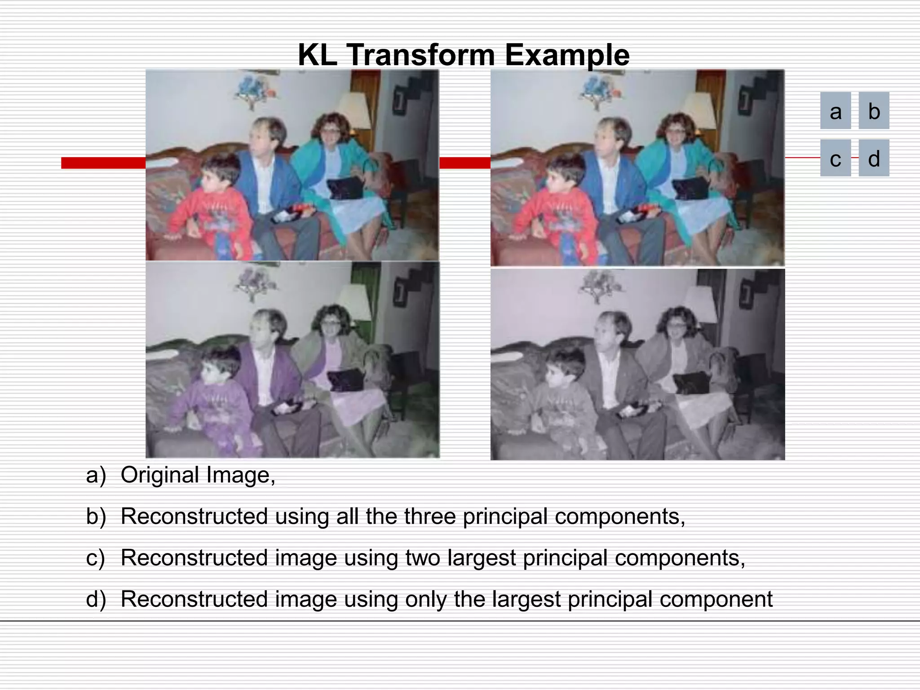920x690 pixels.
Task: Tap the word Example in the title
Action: click(x=567, y=56)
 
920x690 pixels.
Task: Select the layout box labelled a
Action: click(x=836, y=111)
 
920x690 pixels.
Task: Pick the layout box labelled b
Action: click(x=874, y=111)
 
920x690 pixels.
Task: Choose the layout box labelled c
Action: click(x=836, y=158)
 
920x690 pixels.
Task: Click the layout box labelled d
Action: click(x=874, y=158)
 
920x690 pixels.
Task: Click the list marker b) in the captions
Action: click(x=96, y=517)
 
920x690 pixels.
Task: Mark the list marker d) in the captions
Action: click(x=96, y=599)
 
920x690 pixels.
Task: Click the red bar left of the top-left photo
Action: click(x=103, y=163)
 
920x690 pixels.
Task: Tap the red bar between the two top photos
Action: click(x=464, y=163)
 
